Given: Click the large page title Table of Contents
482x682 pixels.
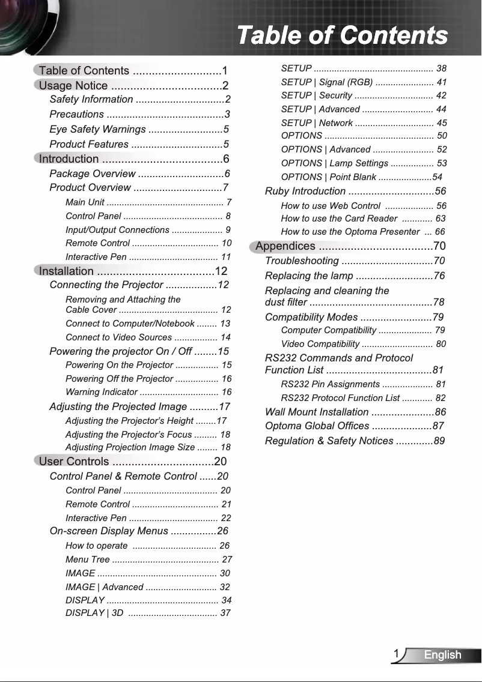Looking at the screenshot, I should coord(342,35).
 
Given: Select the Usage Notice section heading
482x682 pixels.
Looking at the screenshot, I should coord(73,85).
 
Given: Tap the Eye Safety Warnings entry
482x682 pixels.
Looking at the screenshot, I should coord(97,130).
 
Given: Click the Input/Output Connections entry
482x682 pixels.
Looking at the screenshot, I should coord(117,230).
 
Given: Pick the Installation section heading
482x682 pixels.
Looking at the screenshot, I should coord(66,271).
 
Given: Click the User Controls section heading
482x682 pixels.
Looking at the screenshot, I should coord(74,461).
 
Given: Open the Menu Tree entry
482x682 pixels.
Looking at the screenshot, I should coord(87,560).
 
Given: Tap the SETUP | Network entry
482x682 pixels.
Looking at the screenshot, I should coord(317,123).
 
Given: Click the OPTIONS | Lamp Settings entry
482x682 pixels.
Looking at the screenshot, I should coord(334,163).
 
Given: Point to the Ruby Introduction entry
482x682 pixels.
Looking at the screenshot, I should coord(305,192).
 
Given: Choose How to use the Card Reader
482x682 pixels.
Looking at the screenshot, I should coord(339,219).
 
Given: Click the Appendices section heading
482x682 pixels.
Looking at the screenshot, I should coord(285,246).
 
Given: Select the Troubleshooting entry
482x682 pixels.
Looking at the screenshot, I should coord(302,261).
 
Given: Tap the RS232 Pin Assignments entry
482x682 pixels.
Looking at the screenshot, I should coord(330,384).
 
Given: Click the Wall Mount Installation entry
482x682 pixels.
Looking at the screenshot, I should coord(317,412).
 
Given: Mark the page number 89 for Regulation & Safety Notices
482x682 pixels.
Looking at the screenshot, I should coord(439,441).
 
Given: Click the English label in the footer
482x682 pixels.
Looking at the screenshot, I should coord(442,655).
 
